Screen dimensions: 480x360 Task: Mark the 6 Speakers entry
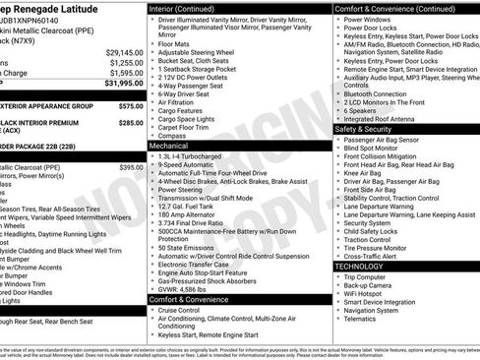point(364,111)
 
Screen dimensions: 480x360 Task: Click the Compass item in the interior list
point(176,135)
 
